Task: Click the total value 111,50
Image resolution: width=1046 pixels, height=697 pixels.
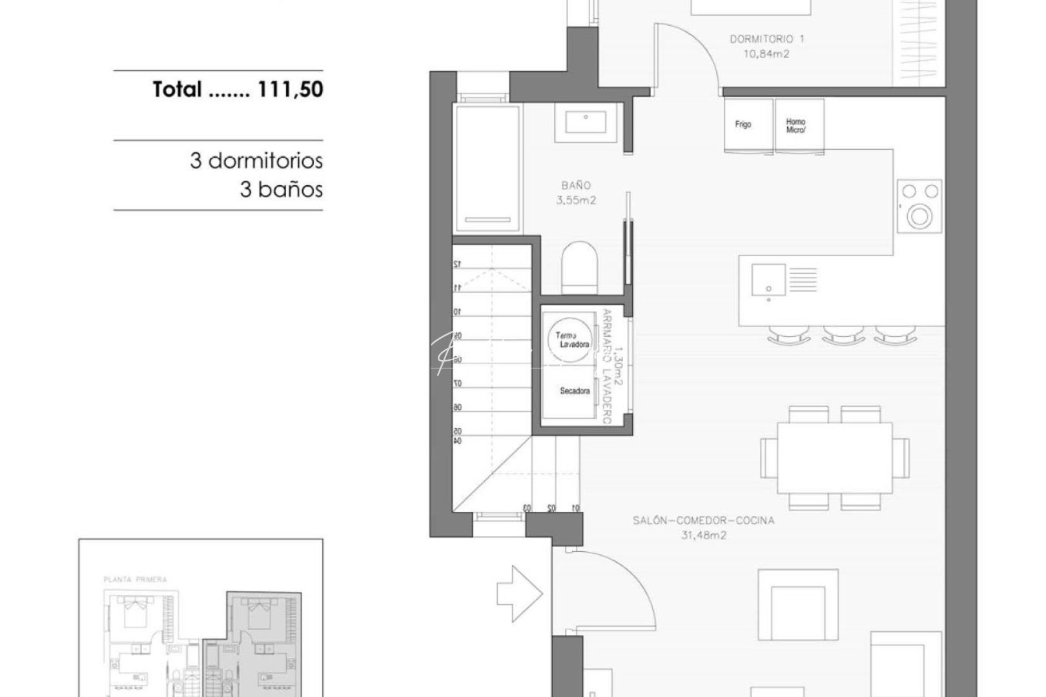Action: pos(290,89)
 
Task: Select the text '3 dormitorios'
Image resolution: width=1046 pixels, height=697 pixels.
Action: pos(256,160)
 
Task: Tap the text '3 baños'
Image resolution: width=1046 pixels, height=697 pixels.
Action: pos(281,190)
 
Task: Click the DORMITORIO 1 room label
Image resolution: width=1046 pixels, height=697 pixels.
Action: pos(766,39)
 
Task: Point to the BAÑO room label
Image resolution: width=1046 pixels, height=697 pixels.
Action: pos(576,185)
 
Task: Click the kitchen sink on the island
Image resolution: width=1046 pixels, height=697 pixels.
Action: pos(768,279)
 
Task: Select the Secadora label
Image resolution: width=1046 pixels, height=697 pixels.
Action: pos(575,391)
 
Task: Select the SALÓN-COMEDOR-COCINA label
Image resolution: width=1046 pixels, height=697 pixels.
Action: pos(703,520)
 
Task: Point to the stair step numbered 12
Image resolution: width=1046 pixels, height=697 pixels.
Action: pos(456,263)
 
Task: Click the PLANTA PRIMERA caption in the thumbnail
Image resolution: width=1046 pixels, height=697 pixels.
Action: pos(135,580)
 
